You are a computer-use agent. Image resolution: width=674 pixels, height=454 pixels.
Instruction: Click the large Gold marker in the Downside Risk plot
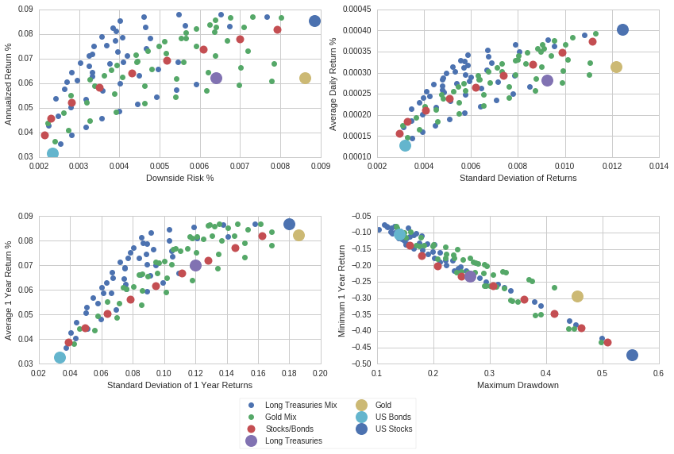pos(305,78)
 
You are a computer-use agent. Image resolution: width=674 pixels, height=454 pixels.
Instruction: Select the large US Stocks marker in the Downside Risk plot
pos(314,21)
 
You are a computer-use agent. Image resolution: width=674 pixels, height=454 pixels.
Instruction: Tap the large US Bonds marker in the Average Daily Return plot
pos(405,145)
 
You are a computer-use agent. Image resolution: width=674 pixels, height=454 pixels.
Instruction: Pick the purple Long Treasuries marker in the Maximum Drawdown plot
pos(470,276)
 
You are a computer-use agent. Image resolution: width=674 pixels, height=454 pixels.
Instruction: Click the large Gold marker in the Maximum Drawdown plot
pos(577,296)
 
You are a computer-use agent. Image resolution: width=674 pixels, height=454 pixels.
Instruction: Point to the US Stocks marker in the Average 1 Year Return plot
pos(289,225)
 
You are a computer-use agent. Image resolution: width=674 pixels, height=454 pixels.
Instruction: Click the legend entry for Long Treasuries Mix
pos(301,405)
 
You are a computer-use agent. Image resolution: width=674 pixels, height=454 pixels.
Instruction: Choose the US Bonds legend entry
pos(393,417)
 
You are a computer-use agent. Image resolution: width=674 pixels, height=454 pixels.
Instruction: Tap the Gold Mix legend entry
pos(280,417)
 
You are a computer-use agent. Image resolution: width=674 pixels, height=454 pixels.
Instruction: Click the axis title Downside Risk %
pos(179,178)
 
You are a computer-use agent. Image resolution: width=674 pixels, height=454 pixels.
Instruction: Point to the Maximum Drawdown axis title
pos(518,385)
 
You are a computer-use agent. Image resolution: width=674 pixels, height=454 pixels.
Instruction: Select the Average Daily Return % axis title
pos(333,84)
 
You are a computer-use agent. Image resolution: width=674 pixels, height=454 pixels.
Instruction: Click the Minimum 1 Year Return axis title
pos(341,290)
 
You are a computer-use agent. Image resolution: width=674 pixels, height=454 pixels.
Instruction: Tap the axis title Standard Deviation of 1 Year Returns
pos(179,385)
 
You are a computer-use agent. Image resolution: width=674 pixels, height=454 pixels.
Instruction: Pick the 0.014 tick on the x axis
pos(659,167)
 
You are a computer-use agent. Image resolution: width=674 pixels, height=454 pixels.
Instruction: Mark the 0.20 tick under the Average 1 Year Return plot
pos(320,373)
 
